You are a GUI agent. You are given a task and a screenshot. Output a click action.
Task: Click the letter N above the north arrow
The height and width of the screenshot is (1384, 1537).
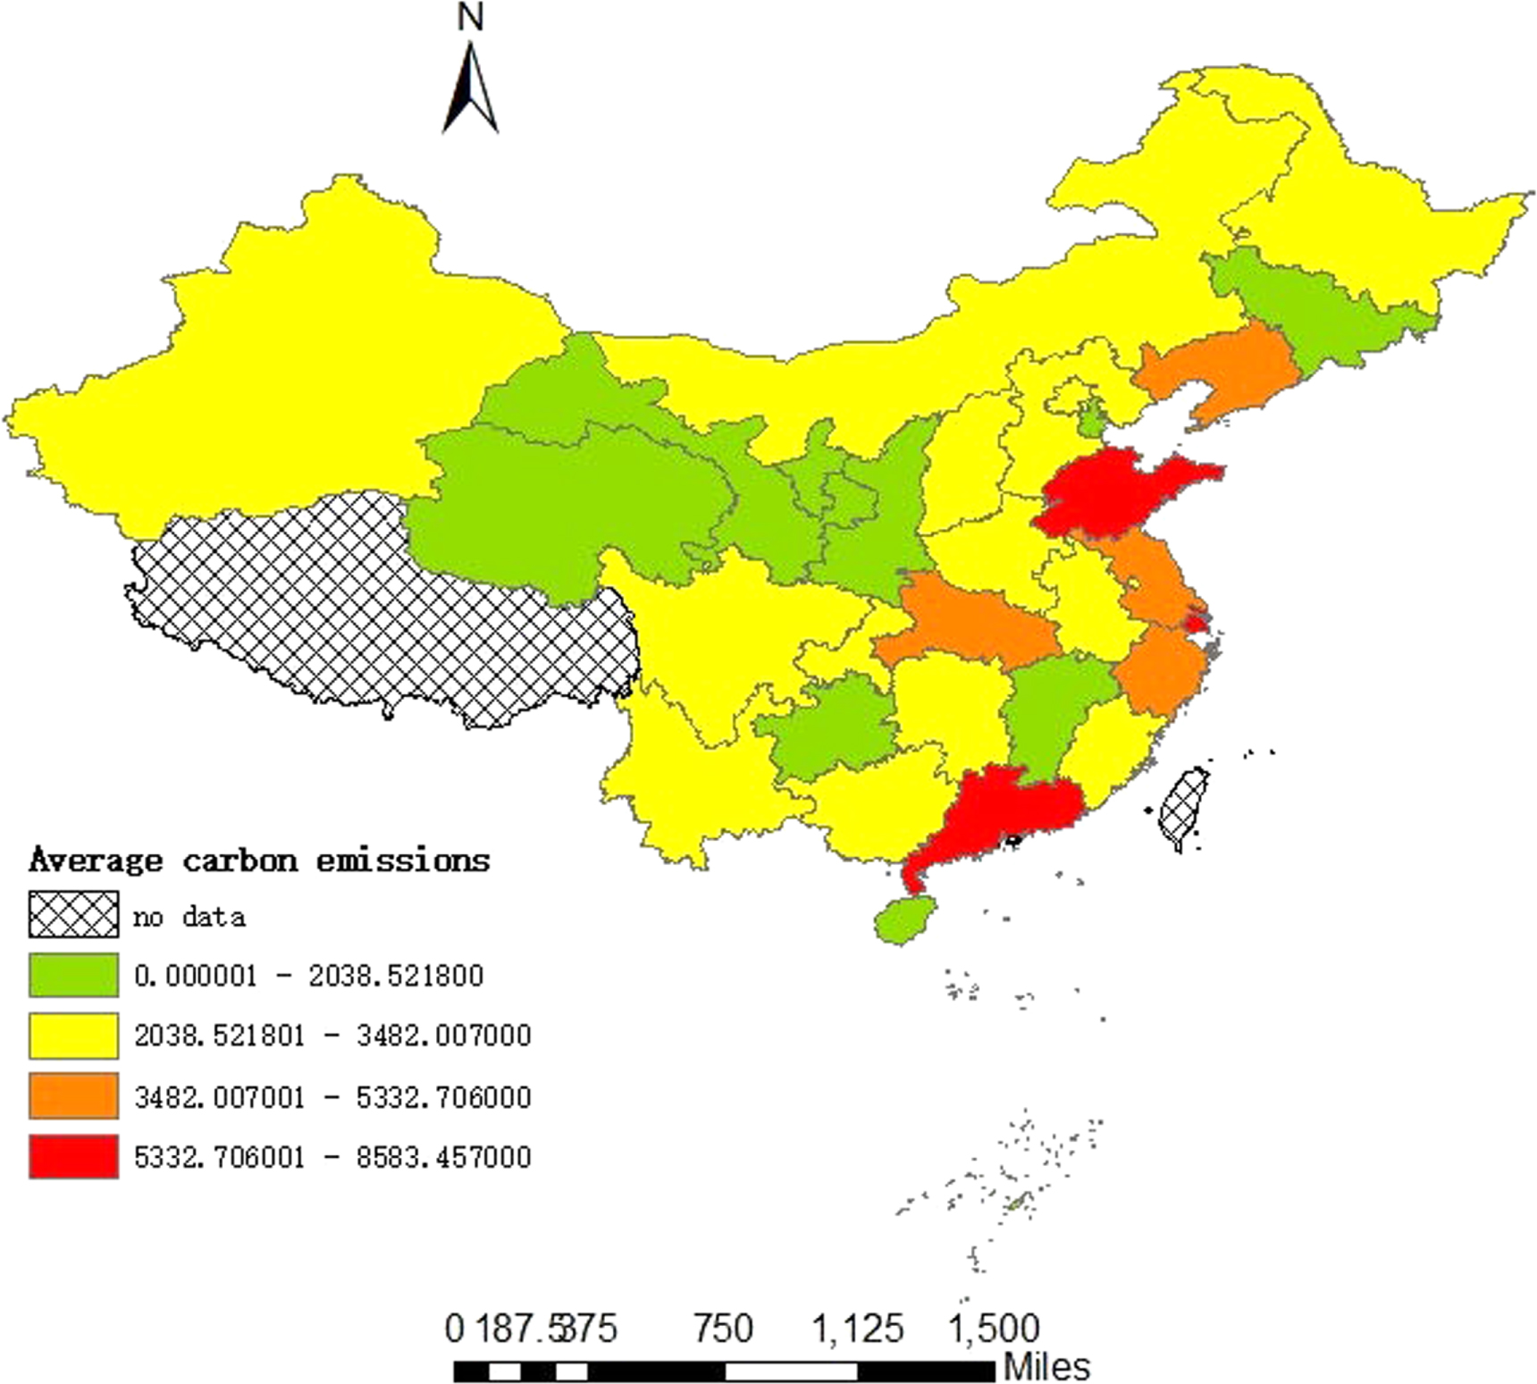tap(470, 18)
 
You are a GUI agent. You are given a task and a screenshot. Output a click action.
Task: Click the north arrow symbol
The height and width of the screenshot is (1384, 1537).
tap(470, 89)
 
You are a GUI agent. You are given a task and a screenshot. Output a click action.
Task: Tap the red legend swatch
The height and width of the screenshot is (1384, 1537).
tap(73, 1156)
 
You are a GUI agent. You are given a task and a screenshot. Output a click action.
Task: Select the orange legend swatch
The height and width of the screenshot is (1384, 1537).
tap(73, 1095)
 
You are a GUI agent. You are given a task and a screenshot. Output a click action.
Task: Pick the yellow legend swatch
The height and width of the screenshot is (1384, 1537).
tap(73, 1035)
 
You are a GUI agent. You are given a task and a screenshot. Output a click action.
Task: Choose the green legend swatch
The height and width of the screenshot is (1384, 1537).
tap(73, 975)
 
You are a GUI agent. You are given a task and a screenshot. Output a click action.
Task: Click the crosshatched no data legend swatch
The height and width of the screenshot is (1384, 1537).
tap(73, 915)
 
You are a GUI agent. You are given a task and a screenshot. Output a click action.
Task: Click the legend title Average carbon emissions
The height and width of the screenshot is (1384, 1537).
tap(259, 860)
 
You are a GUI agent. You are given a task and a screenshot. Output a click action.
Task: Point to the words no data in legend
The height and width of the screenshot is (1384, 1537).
tap(189, 917)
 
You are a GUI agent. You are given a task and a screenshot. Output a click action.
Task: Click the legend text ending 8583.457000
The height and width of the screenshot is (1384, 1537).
tap(332, 1157)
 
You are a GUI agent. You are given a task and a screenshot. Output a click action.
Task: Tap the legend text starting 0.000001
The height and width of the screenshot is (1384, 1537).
tap(308, 975)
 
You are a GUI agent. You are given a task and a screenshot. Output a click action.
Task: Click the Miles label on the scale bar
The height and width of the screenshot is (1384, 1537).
tap(1046, 1366)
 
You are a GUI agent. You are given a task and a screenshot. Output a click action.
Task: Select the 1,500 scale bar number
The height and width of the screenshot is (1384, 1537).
tap(993, 1329)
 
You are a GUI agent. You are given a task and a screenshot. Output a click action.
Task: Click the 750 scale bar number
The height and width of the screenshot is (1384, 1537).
tap(723, 1329)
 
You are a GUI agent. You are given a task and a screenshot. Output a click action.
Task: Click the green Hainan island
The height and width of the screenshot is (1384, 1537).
tap(904, 918)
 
